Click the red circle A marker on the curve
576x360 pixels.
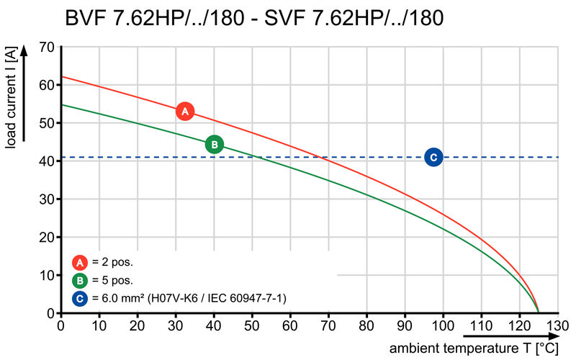tap(185, 112)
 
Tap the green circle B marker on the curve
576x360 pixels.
tap(215, 145)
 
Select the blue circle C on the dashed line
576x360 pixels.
tap(433, 157)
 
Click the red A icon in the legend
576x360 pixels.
tap(79, 262)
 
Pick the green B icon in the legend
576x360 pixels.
tap(79, 279)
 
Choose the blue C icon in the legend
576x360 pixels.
tap(79, 297)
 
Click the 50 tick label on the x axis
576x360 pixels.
tap(252, 325)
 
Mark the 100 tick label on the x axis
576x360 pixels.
tap(443, 325)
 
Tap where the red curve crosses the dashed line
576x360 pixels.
tap(322, 157)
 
